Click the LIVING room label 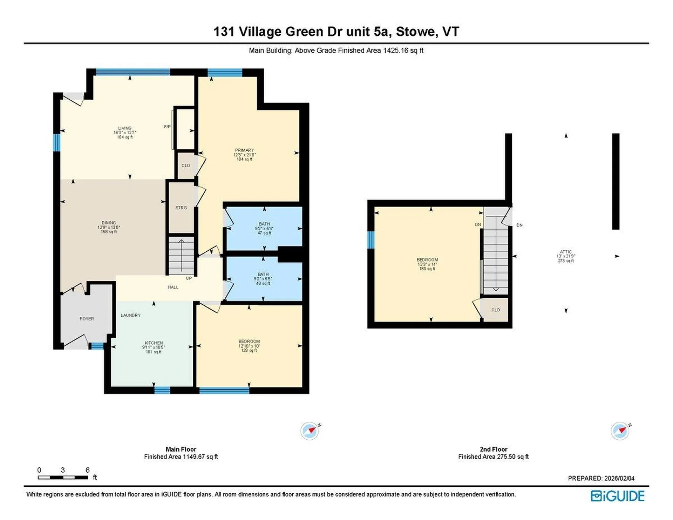124,128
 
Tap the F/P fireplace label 167,127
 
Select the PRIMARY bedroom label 244,150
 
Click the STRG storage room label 181,208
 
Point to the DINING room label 109,223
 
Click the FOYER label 87,319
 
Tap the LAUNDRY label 130,316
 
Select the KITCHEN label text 154,343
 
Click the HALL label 173,288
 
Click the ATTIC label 565,252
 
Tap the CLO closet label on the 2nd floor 495,310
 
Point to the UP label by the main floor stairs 189,278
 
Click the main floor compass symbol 310,431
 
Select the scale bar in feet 63,477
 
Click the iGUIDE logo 617,496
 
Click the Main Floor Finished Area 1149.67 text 181,457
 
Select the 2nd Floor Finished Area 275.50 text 493,457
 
